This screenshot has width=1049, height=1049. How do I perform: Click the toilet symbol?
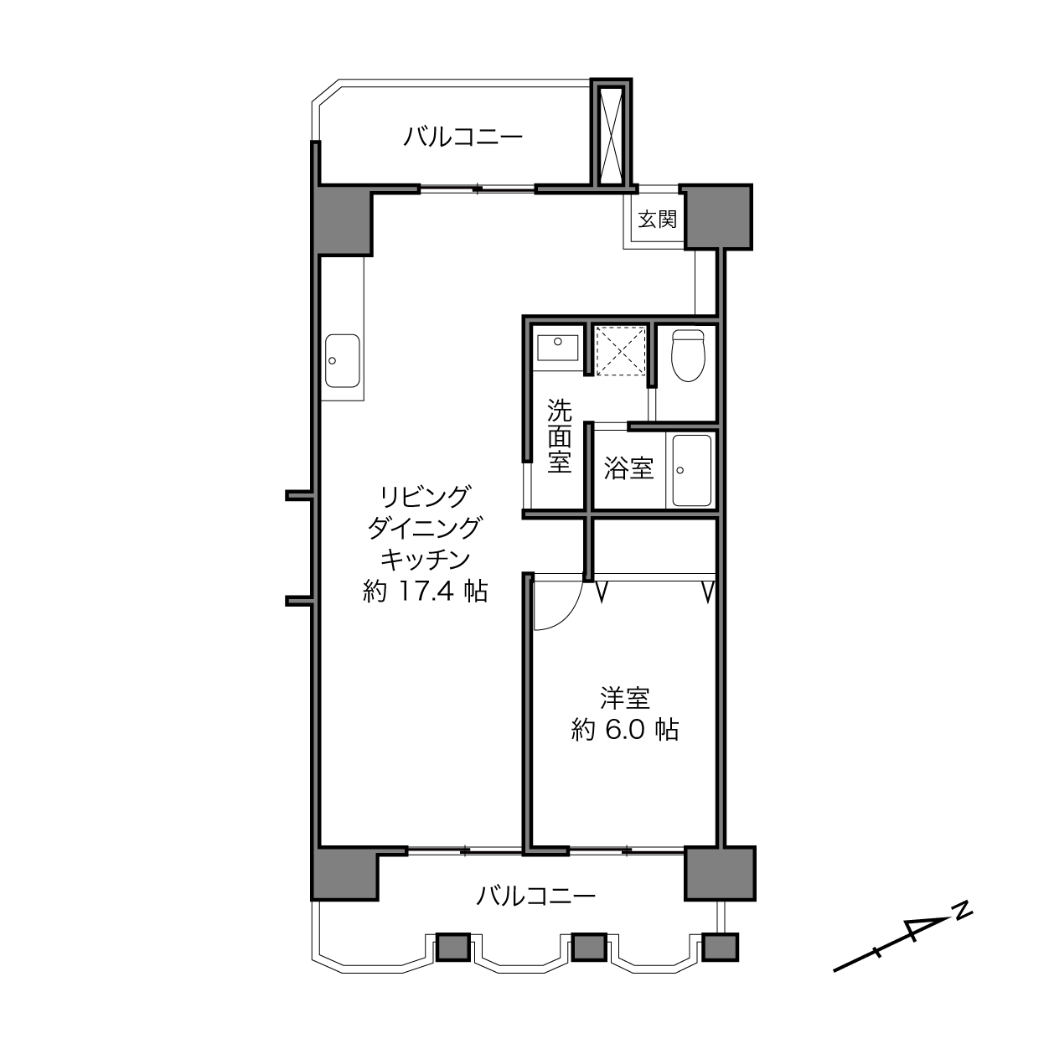click(688, 354)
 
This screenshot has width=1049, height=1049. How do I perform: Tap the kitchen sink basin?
click(343, 360)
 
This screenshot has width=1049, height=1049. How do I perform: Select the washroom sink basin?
click(557, 348)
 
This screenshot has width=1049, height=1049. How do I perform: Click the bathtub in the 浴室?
click(692, 470)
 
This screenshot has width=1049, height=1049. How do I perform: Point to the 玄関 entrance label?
click(658, 219)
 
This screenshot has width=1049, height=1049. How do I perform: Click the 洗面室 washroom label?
click(559, 436)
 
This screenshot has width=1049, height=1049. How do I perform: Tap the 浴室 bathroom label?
click(628, 468)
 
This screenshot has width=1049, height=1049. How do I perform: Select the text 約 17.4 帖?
click(425, 591)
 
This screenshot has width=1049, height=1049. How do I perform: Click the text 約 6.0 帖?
click(625, 730)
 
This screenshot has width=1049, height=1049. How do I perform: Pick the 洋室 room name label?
click(625, 699)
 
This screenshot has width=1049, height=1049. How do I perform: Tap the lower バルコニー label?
click(536, 896)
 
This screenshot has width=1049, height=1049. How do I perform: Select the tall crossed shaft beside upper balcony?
click(612, 134)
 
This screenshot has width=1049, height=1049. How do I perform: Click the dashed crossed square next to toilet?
click(621, 351)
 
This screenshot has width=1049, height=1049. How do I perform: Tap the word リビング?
click(425, 497)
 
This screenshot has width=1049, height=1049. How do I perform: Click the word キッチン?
click(425, 559)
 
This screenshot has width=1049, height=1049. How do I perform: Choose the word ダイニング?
click(425, 528)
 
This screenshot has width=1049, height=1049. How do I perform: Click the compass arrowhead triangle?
click(927, 928)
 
